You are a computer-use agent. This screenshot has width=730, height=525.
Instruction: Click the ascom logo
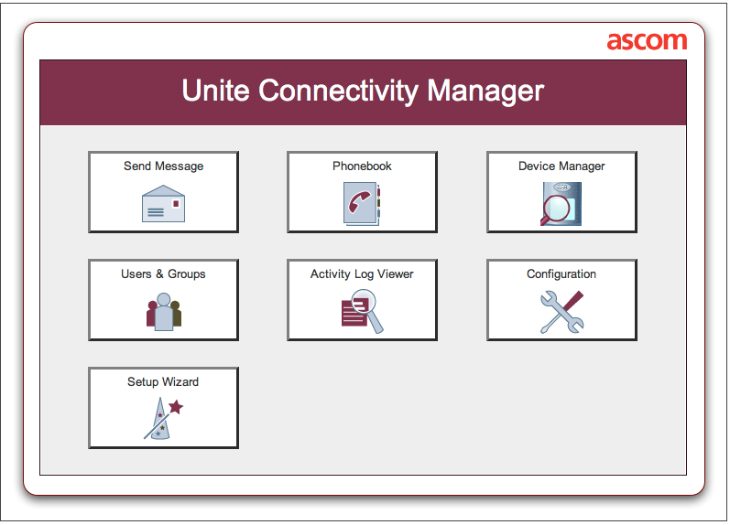coord(647,41)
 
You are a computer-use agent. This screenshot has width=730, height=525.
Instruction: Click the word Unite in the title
coord(216,91)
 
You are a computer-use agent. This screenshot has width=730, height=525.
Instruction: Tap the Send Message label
coord(163,166)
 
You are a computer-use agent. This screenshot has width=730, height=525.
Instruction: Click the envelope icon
coord(163,204)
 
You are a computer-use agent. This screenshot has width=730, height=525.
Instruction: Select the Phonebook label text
coord(362,166)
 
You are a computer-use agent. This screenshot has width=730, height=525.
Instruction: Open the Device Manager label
coord(561,166)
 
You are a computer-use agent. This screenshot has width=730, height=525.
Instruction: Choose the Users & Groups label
coord(163,274)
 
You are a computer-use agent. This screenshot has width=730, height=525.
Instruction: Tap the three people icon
coord(163,311)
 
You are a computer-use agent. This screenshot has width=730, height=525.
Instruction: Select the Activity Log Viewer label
coord(362,274)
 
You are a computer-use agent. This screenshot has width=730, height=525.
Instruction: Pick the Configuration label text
coord(561,274)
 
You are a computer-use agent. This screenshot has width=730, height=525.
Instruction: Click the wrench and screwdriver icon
coord(561,312)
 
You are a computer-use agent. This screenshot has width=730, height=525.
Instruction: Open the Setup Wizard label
coord(163,382)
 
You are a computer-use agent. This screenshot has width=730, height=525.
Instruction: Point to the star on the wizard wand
coord(176,407)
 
